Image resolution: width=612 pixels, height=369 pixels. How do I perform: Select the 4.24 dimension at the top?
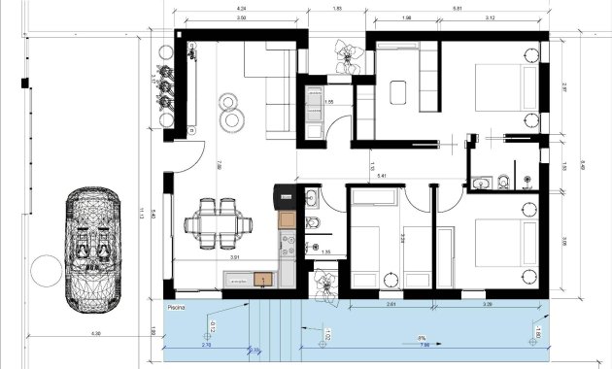pos(240,9)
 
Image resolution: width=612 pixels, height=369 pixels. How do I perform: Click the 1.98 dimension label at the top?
pos(406,18)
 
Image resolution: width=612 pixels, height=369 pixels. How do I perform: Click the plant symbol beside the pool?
pos(324,284)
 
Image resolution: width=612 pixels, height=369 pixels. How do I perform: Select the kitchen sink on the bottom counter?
pos(262,280)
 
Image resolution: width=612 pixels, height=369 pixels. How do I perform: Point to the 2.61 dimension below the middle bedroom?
pos(390,304)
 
